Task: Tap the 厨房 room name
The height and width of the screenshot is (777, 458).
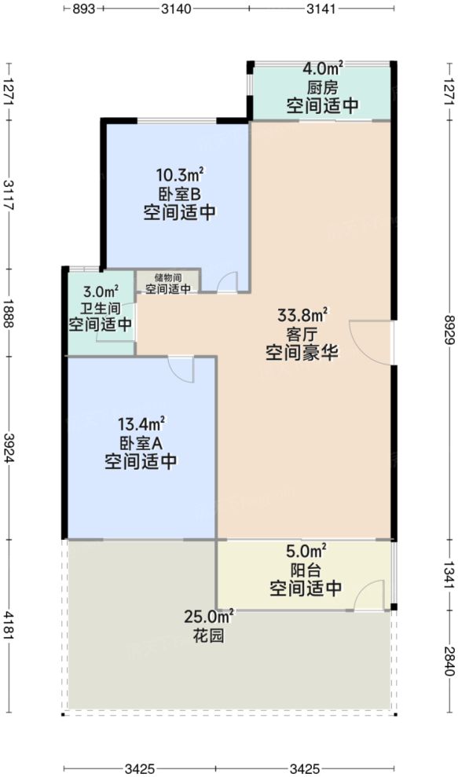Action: (x=322, y=88)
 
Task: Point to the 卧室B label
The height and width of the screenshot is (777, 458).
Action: (x=180, y=193)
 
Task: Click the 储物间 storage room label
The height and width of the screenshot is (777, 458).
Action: (x=168, y=277)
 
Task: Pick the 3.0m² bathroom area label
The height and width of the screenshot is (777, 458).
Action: (x=100, y=291)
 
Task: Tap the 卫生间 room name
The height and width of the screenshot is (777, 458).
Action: (x=100, y=307)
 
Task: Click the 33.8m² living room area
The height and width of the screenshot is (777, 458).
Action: (x=302, y=317)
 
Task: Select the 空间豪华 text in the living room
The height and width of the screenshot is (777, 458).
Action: (x=302, y=353)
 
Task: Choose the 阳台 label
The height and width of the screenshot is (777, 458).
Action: (x=305, y=569)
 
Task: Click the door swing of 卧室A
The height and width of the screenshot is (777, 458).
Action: (x=180, y=369)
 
